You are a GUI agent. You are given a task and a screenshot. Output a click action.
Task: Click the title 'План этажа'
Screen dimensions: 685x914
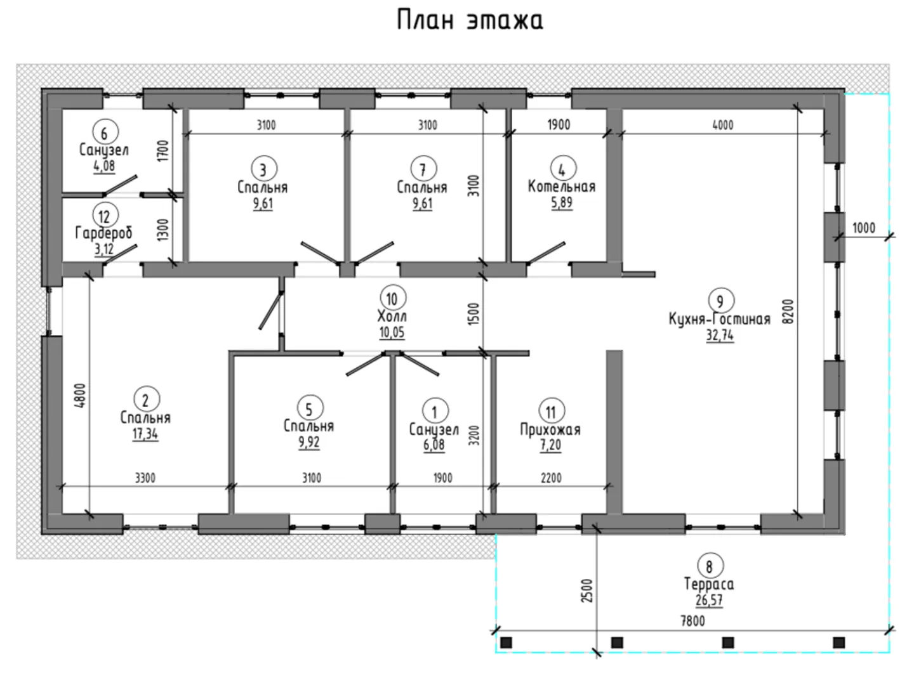click(x=470, y=20)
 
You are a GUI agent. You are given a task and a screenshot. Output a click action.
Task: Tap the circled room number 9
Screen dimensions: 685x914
click(x=719, y=301)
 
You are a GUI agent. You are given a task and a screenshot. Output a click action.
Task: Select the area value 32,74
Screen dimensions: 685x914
click(x=719, y=336)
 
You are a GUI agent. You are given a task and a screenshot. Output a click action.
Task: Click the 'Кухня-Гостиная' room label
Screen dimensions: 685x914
click(x=719, y=318)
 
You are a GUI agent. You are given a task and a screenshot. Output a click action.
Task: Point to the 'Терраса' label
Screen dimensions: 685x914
click(x=709, y=584)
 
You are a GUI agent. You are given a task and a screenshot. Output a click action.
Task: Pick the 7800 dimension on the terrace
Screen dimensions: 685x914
click(x=692, y=621)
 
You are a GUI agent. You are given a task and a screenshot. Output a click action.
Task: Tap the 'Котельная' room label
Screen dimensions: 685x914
click(x=562, y=186)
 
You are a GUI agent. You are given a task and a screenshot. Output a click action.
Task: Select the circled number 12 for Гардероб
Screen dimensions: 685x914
click(x=104, y=216)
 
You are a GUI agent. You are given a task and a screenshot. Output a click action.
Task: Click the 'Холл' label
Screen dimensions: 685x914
click(x=392, y=316)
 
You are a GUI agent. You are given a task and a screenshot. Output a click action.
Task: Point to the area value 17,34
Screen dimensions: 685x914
click(x=145, y=434)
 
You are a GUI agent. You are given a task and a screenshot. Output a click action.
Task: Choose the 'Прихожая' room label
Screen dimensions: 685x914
click(x=550, y=429)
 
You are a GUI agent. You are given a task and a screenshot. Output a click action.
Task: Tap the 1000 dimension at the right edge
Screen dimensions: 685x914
click(x=863, y=228)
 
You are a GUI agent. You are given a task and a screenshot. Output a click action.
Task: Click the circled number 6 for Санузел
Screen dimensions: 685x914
click(x=105, y=133)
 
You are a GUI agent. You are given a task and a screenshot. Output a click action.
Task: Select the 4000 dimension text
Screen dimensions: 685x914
click(x=722, y=125)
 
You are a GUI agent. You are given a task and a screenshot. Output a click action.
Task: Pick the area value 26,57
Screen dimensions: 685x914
click(x=709, y=600)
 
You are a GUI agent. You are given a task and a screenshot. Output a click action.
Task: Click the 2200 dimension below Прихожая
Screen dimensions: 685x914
click(x=550, y=478)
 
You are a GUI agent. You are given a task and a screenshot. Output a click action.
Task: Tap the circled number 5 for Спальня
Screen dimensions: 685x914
click(x=309, y=408)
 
